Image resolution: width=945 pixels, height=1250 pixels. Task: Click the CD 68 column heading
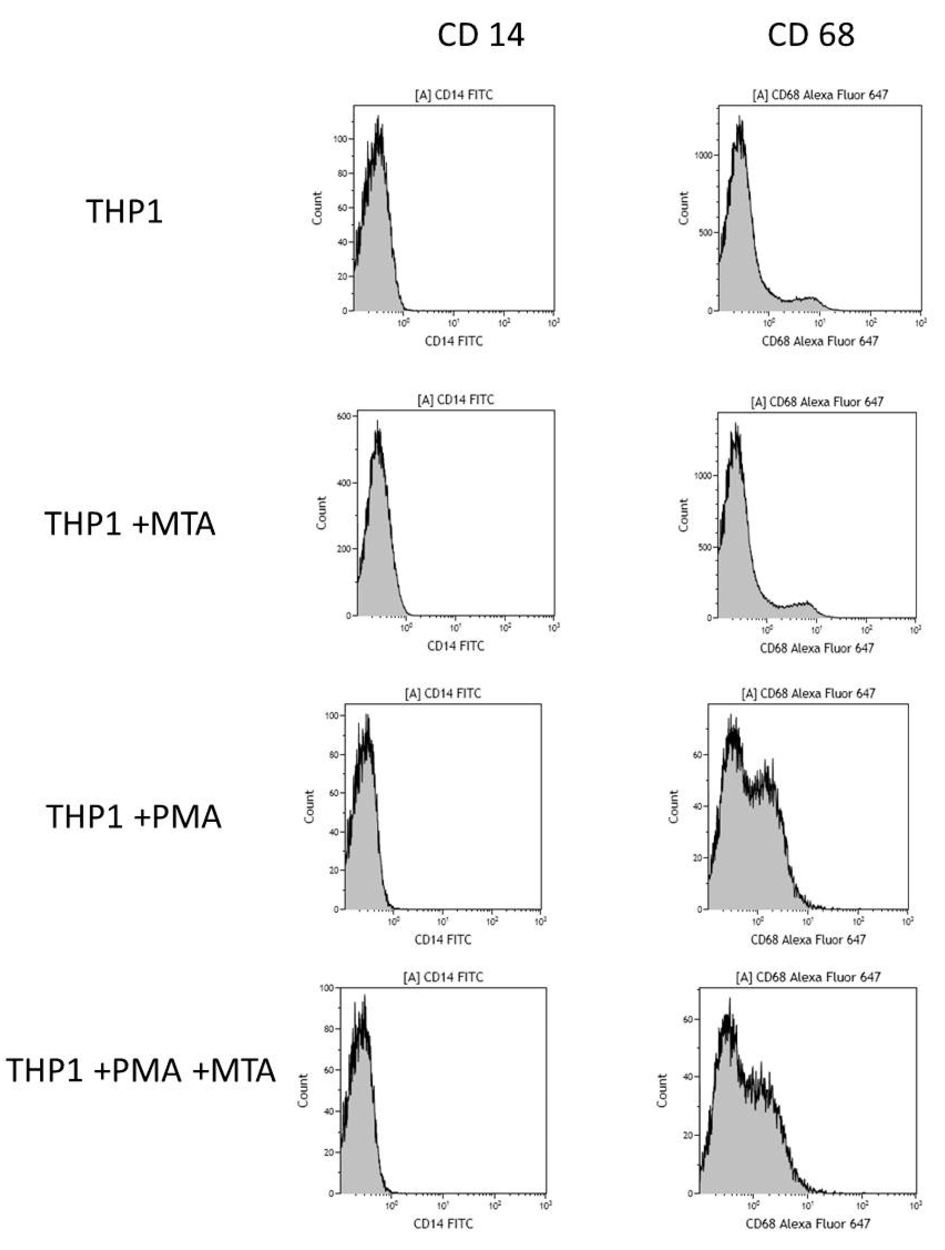pos(811,35)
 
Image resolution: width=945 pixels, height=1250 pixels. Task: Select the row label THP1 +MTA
pos(130,523)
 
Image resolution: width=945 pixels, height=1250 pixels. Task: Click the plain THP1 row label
pos(124,211)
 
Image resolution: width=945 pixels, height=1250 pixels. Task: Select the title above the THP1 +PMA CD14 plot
pos(443,693)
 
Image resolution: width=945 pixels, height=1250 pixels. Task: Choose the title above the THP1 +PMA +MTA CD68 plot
pos(808,977)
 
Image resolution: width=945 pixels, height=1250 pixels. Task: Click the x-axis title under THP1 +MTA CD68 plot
pos(817,648)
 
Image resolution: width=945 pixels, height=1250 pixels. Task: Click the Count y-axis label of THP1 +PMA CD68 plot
pos(673,806)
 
